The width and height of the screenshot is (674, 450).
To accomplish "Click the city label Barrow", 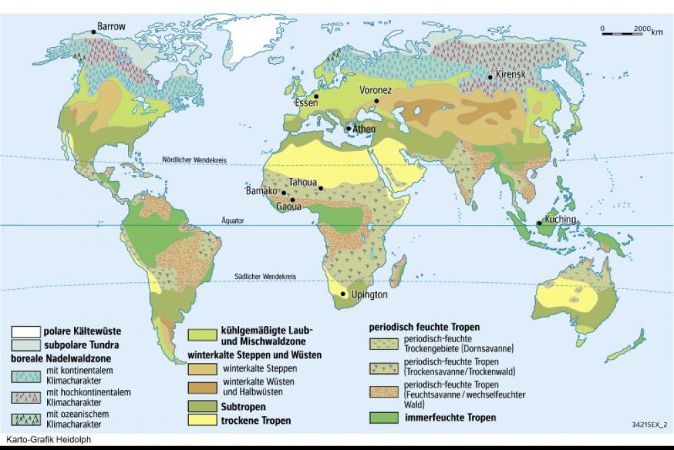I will pyautogui.click(x=111, y=26).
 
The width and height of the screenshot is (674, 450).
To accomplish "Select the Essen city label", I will pyautogui.click(x=306, y=103).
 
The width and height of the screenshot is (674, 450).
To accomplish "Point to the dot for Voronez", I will pyautogui.click(x=376, y=101).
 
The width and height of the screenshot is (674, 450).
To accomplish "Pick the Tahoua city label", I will pyautogui.click(x=302, y=182).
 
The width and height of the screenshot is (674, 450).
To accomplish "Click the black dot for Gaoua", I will pyautogui.click(x=293, y=200).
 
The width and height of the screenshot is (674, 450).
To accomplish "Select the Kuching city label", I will pyautogui.click(x=561, y=220).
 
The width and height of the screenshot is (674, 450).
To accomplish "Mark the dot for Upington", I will pyautogui.click(x=344, y=294).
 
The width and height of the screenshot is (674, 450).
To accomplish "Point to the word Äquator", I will pyautogui.click(x=233, y=220).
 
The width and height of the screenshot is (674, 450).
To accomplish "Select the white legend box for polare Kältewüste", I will pyautogui.click(x=24, y=331).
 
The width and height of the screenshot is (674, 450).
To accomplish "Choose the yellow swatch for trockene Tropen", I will pyautogui.click(x=200, y=420).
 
